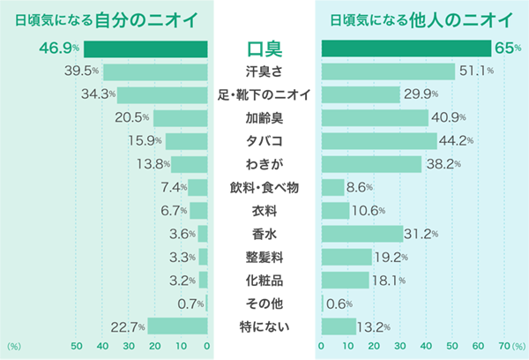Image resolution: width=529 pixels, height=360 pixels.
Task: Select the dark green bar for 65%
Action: pos(406,49)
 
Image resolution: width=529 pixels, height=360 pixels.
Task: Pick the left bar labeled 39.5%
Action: pos(155,71)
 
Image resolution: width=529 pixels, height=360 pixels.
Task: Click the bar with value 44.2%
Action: pos(379,141)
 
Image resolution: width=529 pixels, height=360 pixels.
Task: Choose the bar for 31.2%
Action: pos(361,234)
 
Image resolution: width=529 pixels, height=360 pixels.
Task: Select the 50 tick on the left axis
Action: pos(76,347)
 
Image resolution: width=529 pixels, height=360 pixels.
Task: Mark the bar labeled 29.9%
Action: pos(361,94)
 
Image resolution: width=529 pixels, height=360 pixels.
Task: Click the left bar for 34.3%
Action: pos(162,94)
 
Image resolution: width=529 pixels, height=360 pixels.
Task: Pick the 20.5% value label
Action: pos(132,117)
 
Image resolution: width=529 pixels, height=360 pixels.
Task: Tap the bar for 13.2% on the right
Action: pos(339,326)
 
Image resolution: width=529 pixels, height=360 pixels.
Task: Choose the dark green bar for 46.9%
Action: pos(145,49)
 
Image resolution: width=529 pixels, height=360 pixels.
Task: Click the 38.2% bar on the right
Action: pos(371,164)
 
